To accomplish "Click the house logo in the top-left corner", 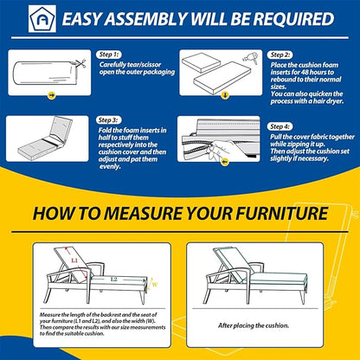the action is pyautogui.click(x=42, y=18).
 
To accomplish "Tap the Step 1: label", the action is pyautogui.click(x=109, y=55).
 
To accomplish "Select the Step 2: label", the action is pyautogui.click(x=280, y=55).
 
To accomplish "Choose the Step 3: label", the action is pyautogui.click(x=108, y=120).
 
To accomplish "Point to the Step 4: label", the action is pyautogui.click(x=280, y=126).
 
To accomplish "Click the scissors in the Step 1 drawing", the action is pyautogui.click(x=81, y=63).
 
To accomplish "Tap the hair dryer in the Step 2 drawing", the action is pyautogui.click(x=250, y=57).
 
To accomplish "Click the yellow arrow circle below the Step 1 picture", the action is pyautogui.click(x=52, y=95).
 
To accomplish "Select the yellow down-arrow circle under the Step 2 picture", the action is pyautogui.click(x=225, y=95).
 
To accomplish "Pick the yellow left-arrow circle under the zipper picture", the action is pyautogui.click(x=225, y=163).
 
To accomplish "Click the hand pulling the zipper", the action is pyautogui.click(x=226, y=148).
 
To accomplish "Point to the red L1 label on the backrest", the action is pyautogui.click(x=74, y=260).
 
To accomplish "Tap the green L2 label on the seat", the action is pyautogui.click(x=113, y=280).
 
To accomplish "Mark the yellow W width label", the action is pyautogui.click(x=155, y=285).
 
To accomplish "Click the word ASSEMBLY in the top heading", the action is pyautogui.click(x=146, y=19).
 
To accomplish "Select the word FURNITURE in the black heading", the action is pyautogui.click(x=281, y=214).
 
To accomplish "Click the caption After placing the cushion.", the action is pyautogui.click(x=254, y=325).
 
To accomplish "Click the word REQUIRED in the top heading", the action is pyautogui.click(x=293, y=19).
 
